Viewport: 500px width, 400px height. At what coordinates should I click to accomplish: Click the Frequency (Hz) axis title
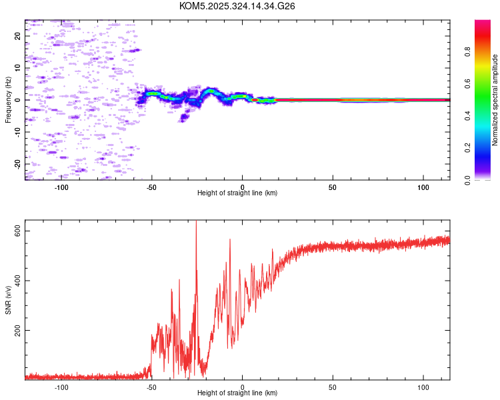(8, 100)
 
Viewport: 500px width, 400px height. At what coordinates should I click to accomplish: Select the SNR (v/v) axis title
(8, 300)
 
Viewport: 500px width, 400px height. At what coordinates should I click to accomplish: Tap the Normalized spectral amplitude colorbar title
(495, 100)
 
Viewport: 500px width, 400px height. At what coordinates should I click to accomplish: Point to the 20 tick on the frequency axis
(17, 36)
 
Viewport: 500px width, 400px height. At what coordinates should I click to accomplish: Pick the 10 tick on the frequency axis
(17, 68)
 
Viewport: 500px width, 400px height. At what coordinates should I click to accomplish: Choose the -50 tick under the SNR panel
(152, 387)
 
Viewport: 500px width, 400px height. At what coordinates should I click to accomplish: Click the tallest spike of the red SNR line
(196, 222)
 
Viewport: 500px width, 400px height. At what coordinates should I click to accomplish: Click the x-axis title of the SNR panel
(237, 393)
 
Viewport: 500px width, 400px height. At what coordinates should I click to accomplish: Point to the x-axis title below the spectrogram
(237, 193)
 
